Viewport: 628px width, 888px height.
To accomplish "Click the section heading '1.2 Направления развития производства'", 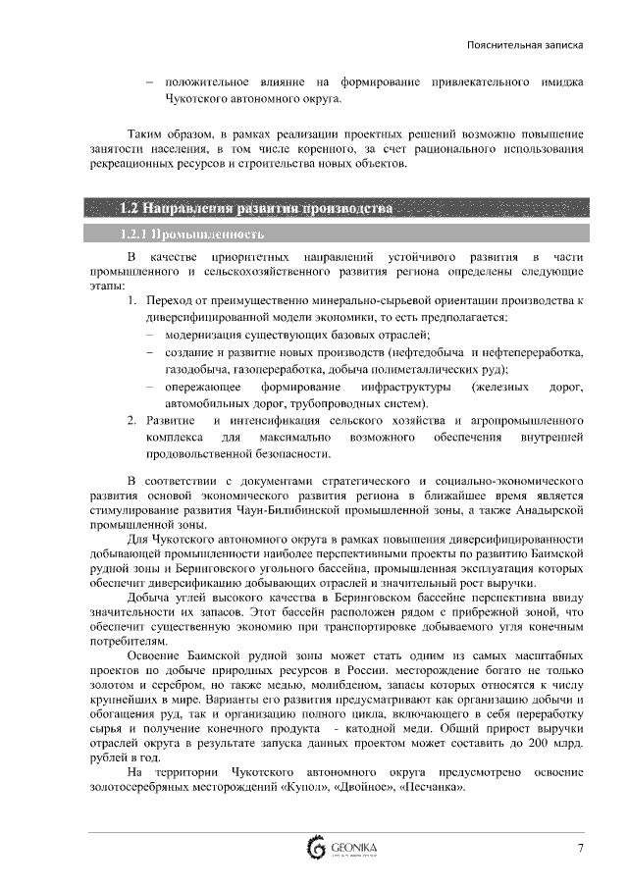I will pos(255,209).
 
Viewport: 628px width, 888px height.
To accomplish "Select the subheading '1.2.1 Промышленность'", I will pos(190,235).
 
